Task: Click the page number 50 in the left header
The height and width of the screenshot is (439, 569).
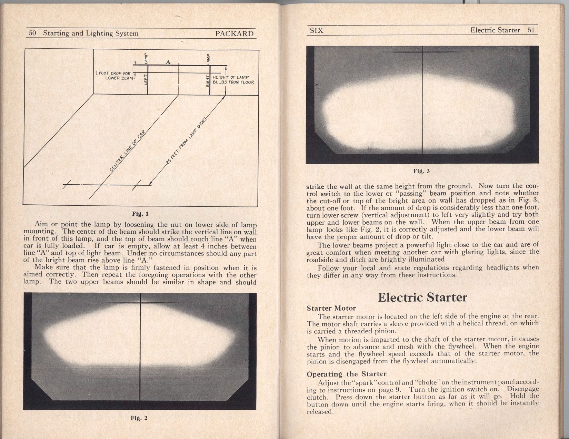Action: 32,33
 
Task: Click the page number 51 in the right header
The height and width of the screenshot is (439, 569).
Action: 531,30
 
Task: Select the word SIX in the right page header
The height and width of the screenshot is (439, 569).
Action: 316,30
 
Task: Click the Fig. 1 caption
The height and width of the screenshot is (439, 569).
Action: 140,213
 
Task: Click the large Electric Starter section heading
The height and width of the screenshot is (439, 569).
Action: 422,297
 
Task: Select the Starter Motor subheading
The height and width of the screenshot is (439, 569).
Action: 331,308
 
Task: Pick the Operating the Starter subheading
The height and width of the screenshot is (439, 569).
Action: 346,374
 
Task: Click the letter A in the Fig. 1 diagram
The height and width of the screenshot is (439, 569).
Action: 168,62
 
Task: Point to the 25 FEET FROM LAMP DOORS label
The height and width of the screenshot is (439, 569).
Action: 186,142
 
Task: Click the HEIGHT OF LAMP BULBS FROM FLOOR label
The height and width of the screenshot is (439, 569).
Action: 233,80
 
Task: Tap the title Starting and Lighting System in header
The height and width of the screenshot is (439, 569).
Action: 90,33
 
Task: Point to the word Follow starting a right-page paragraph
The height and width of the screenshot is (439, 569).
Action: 328,268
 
